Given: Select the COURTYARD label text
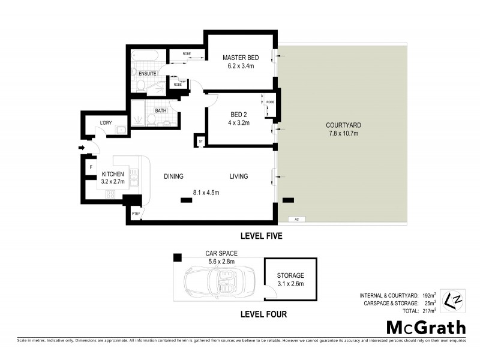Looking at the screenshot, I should (x=343, y=125).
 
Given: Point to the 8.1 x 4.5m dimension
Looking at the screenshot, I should (x=206, y=193).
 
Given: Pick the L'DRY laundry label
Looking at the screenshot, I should (x=106, y=123).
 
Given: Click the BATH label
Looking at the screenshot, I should (x=160, y=110).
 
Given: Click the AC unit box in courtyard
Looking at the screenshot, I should (x=296, y=219).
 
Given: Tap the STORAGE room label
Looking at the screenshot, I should (x=290, y=275).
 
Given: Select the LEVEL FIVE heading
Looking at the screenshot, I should (x=261, y=236).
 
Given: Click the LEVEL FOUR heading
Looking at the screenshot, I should (x=263, y=314).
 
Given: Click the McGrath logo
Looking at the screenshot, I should (x=425, y=328).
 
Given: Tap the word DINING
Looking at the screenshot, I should (x=173, y=176).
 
